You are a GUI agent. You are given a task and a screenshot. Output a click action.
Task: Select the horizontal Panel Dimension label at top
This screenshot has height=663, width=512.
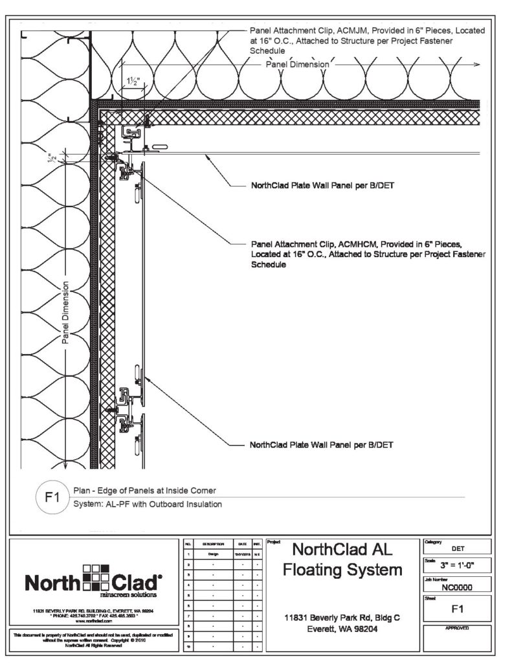coord(298,65)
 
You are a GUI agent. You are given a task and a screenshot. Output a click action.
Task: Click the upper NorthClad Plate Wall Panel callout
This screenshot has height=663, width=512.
coord(322,185)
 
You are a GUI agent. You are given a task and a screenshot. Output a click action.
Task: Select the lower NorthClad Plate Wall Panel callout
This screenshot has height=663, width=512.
coord(322,445)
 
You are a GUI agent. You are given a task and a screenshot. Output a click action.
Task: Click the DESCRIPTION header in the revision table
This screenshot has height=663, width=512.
coord(212,546)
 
